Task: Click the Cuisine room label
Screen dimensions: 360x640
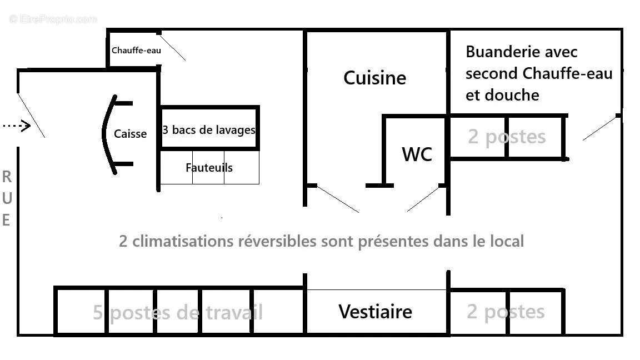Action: click(x=374, y=78)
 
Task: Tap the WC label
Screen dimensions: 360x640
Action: click(x=417, y=154)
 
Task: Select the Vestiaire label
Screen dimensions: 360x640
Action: click(x=375, y=311)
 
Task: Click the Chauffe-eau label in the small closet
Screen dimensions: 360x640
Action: click(x=136, y=50)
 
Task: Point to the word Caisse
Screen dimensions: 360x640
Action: click(x=130, y=134)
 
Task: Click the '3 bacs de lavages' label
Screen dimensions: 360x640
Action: click(x=209, y=130)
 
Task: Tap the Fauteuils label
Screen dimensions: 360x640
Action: click(x=209, y=167)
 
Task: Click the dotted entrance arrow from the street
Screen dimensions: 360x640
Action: click(x=16, y=126)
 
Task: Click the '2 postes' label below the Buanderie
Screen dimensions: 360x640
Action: click(x=506, y=137)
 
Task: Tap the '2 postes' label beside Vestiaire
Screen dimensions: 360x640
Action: click(x=505, y=312)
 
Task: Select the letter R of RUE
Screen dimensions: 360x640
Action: click(x=7, y=177)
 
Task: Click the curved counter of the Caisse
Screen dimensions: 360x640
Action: click(x=106, y=134)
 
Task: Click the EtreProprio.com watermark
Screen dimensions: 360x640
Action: click(x=53, y=19)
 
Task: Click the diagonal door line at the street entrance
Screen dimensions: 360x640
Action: click(x=32, y=116)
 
